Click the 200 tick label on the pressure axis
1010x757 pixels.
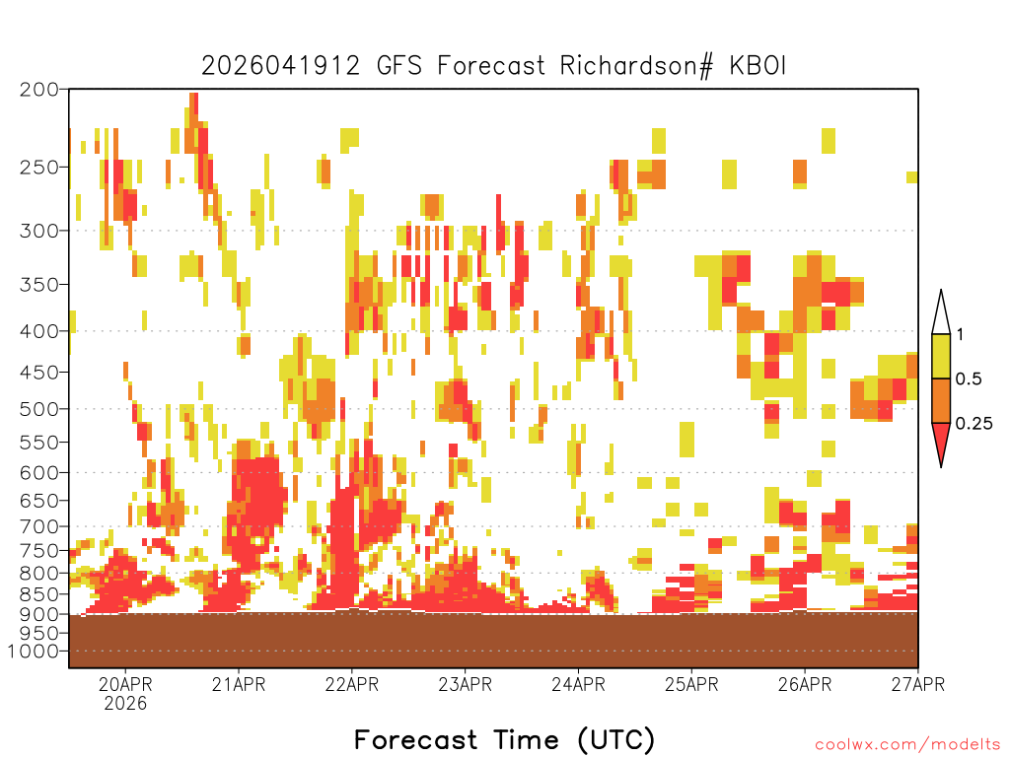38,90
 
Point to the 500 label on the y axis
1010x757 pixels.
38,409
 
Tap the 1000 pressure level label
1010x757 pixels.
34,652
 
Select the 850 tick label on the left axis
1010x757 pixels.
38,594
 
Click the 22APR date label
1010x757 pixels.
352,684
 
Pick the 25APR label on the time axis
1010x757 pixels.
691,684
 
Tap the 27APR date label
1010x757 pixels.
918,684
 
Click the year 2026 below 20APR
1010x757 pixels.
125,704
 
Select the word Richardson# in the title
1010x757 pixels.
637,66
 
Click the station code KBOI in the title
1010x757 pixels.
757,66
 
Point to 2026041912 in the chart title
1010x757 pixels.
281,66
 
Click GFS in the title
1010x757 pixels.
398,66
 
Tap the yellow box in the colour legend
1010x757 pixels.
941,356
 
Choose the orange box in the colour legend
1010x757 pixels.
941,400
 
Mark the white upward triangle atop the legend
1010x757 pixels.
941,313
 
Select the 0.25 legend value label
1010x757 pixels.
974,424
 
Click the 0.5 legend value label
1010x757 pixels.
969,379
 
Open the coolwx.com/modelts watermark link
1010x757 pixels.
907,745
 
